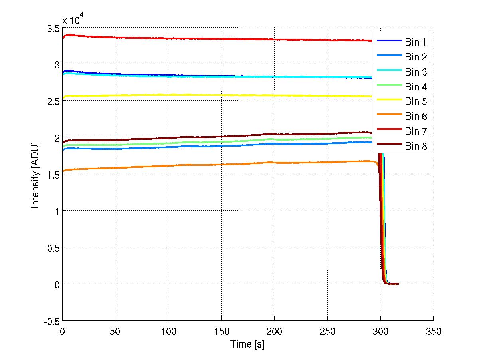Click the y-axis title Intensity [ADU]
[36, 174]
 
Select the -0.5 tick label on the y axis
[51, 321]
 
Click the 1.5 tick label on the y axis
[53, 174]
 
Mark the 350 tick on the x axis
[433, 331]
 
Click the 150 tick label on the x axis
[221, 331]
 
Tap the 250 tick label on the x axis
[327, 331]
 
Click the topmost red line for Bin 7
[200, 39]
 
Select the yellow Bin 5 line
[200, 95]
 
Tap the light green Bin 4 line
[200, 142]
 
